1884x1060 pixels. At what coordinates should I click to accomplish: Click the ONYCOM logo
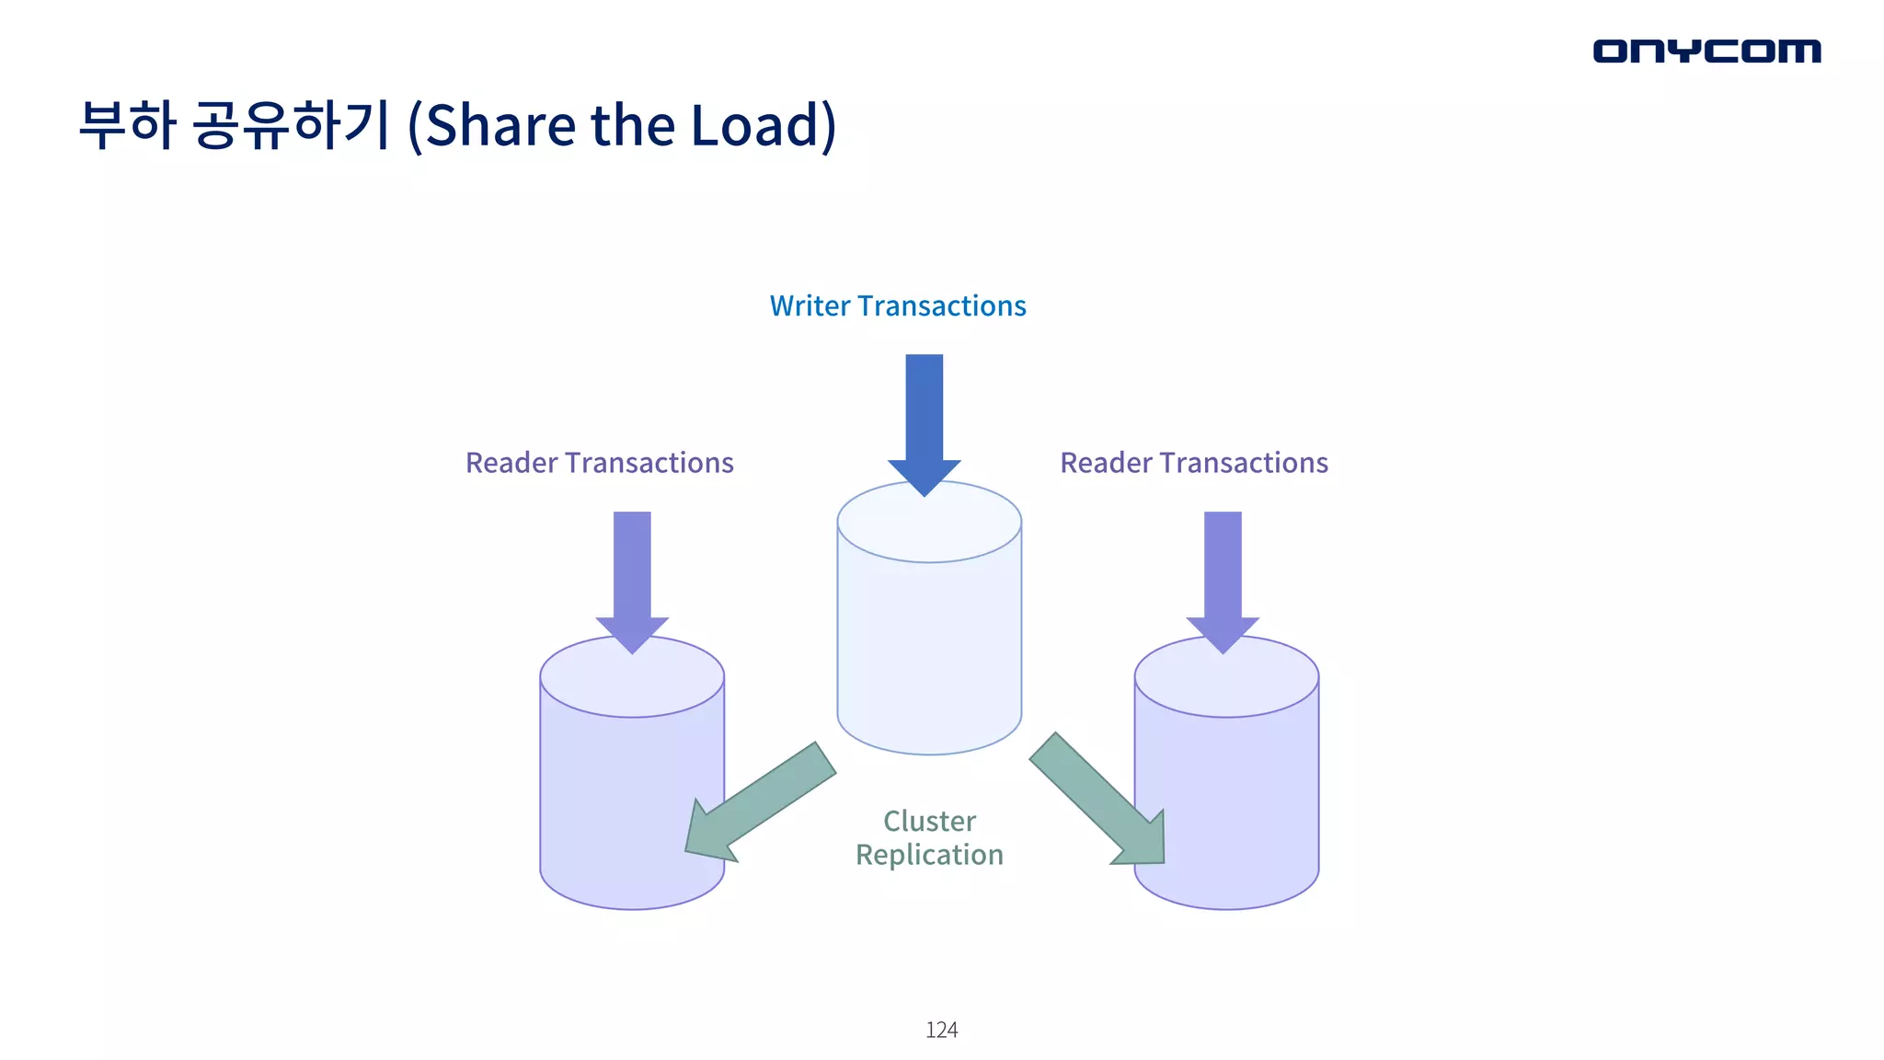point(1706,52)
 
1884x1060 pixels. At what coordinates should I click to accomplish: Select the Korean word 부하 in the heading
point(126,124)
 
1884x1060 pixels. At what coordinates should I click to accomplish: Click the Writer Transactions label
point(898,305)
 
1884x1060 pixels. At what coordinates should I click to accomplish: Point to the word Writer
point(810,305)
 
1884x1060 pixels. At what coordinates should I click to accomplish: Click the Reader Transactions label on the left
point(599,463)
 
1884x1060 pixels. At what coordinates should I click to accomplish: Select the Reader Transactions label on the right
point(1194,463)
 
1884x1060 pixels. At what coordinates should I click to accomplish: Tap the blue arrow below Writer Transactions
point(925,419)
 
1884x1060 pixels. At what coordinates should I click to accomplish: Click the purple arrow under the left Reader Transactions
point(632,576)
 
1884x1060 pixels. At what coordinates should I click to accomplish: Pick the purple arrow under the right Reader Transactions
point(1223,576)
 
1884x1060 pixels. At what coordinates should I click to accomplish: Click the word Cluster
point(929,821)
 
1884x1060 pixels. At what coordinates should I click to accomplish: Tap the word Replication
point(929,855)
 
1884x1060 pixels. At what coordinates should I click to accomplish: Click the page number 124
point(941,1030)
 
